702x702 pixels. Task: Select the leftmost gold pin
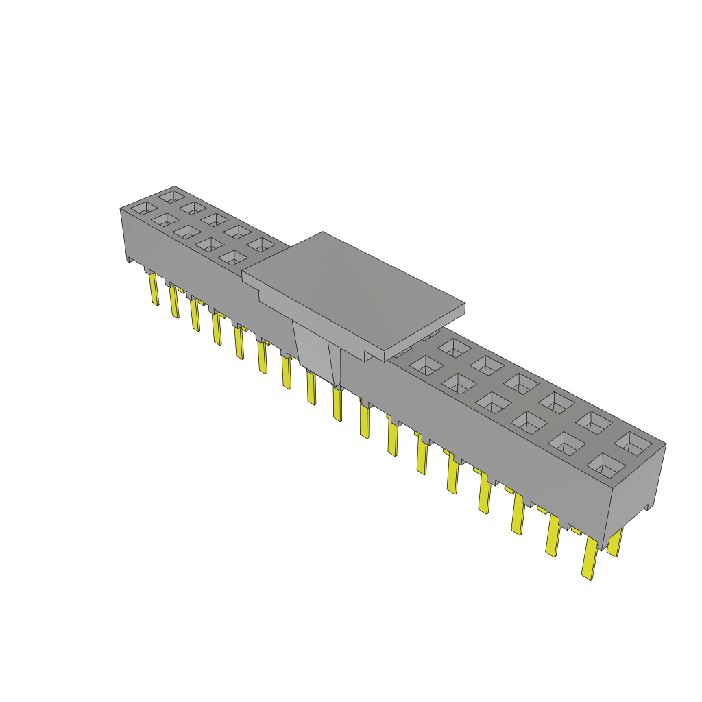[x=154, y=289]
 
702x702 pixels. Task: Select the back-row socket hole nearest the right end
[x=633, y=443]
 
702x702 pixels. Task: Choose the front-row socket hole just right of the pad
[x=426, y=366]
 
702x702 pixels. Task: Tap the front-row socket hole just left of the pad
[x=233, y=257]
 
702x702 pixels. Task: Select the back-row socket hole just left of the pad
[x=260, y=244]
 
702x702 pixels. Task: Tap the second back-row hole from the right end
[x=594, y=422]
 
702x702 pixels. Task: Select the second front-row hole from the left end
[x=165, y=219]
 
